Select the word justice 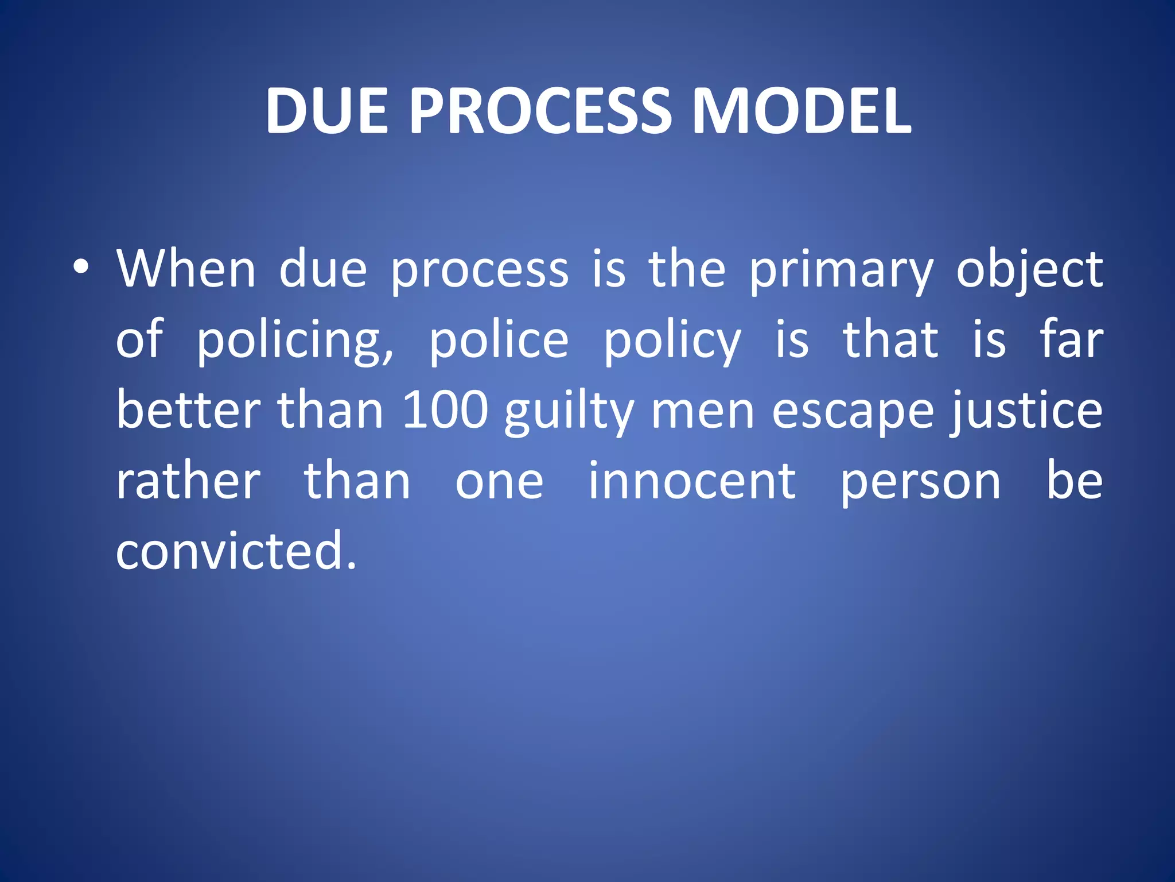click(x=1026, y=411)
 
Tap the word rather click(x=188, y=481)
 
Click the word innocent click(x=692, y=481)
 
